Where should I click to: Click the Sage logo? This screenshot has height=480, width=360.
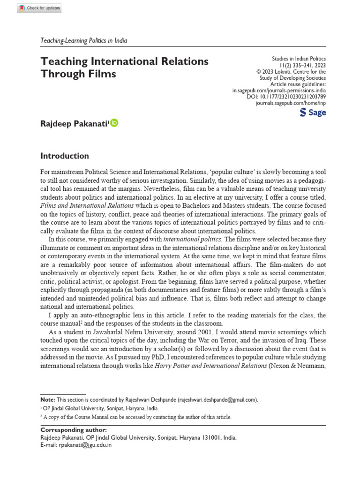[312, 112]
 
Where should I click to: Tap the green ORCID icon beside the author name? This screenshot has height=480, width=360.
[114, 123]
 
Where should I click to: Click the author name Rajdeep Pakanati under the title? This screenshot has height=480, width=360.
[75, 124]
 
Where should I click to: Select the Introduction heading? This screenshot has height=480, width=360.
[65, 156]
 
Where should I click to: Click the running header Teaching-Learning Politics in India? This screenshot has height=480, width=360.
[84, 40]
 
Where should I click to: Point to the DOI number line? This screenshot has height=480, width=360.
[286, 96]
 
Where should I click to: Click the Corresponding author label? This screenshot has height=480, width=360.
[74, 430]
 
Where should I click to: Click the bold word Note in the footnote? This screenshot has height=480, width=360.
[47, 399]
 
